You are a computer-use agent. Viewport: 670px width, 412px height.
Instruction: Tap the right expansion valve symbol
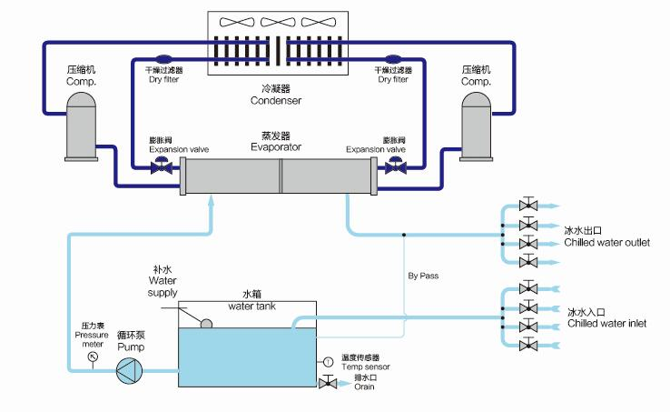pos(395,166)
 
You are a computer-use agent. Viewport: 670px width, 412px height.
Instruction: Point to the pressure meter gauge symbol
pos(92,357)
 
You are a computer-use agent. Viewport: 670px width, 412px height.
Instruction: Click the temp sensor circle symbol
pos(327,363)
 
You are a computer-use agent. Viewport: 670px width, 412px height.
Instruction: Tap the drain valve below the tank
pos(327,386)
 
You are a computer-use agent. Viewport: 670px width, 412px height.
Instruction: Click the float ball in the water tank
pos(207,324)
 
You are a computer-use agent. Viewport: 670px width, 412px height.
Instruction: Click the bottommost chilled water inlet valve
pos(526,345)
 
